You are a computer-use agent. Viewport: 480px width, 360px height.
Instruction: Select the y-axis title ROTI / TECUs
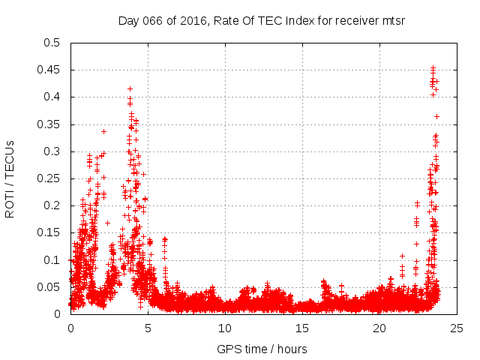10,178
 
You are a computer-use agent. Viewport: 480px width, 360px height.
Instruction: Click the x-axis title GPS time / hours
262,349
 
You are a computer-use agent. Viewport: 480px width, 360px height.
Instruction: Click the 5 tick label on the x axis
148,328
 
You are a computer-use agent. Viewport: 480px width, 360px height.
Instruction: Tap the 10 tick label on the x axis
226,328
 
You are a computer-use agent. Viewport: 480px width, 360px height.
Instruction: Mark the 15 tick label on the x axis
303,328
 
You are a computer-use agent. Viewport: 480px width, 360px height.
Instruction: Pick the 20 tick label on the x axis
380,328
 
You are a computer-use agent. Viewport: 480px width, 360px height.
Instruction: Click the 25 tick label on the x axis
457,328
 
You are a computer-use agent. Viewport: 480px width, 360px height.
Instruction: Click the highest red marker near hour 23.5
433,67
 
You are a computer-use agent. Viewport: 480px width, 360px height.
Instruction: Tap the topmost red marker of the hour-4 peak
130,88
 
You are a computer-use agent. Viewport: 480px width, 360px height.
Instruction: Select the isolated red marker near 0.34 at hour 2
103,131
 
